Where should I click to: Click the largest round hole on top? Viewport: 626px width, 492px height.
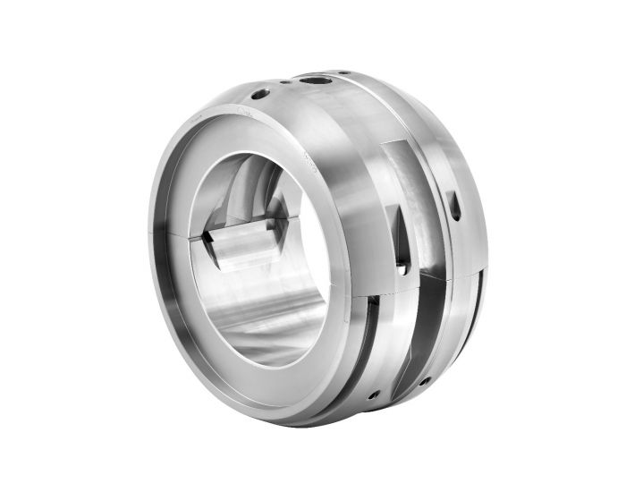(314, 81)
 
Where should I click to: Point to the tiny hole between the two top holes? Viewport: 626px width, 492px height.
(285, 84)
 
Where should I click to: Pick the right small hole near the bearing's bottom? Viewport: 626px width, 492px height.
(424, 380)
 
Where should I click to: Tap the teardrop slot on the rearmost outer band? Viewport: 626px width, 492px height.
(456, 207)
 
